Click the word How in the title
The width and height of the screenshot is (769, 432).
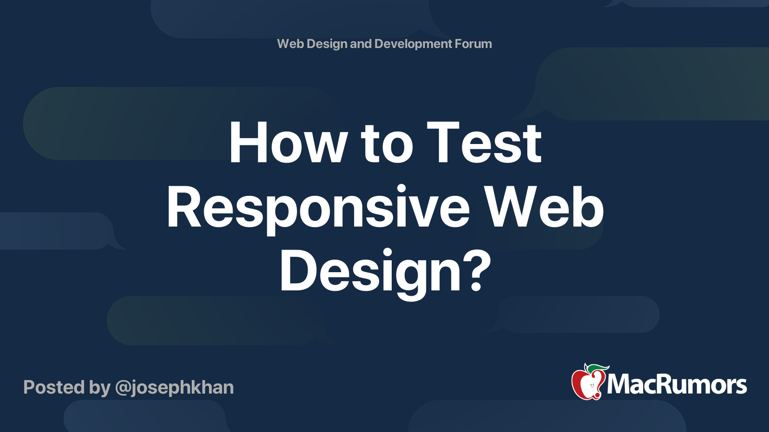(287, 143)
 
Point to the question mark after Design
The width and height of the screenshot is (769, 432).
(477, 272)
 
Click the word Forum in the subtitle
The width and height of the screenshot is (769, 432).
(473, 44)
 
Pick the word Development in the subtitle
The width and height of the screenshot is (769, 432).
(413, 44)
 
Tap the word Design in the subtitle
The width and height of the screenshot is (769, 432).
(327, 44)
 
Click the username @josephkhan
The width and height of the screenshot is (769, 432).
(174, 387)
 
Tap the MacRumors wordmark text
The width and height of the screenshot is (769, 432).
(677, 385)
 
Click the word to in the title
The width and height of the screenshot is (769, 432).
(387, 143)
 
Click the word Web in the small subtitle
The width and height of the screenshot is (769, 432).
(290, 44)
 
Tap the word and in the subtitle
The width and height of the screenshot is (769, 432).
(360, 44)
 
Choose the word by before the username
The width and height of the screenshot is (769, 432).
(99, 388)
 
